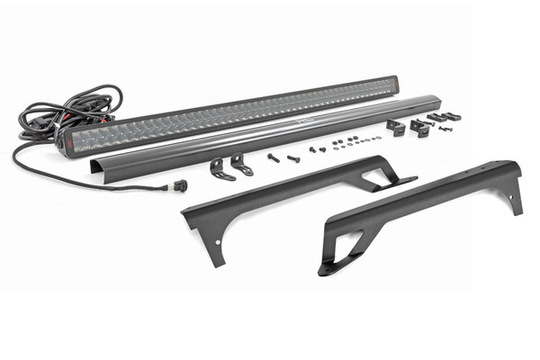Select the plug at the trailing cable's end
(x=181, y=185)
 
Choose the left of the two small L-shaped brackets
(x=219, y=168)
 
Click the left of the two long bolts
(x=274, y=158)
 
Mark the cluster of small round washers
(x=346, y=142)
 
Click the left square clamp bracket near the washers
(x=396, y=127)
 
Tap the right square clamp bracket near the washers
(x=420, y=127)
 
